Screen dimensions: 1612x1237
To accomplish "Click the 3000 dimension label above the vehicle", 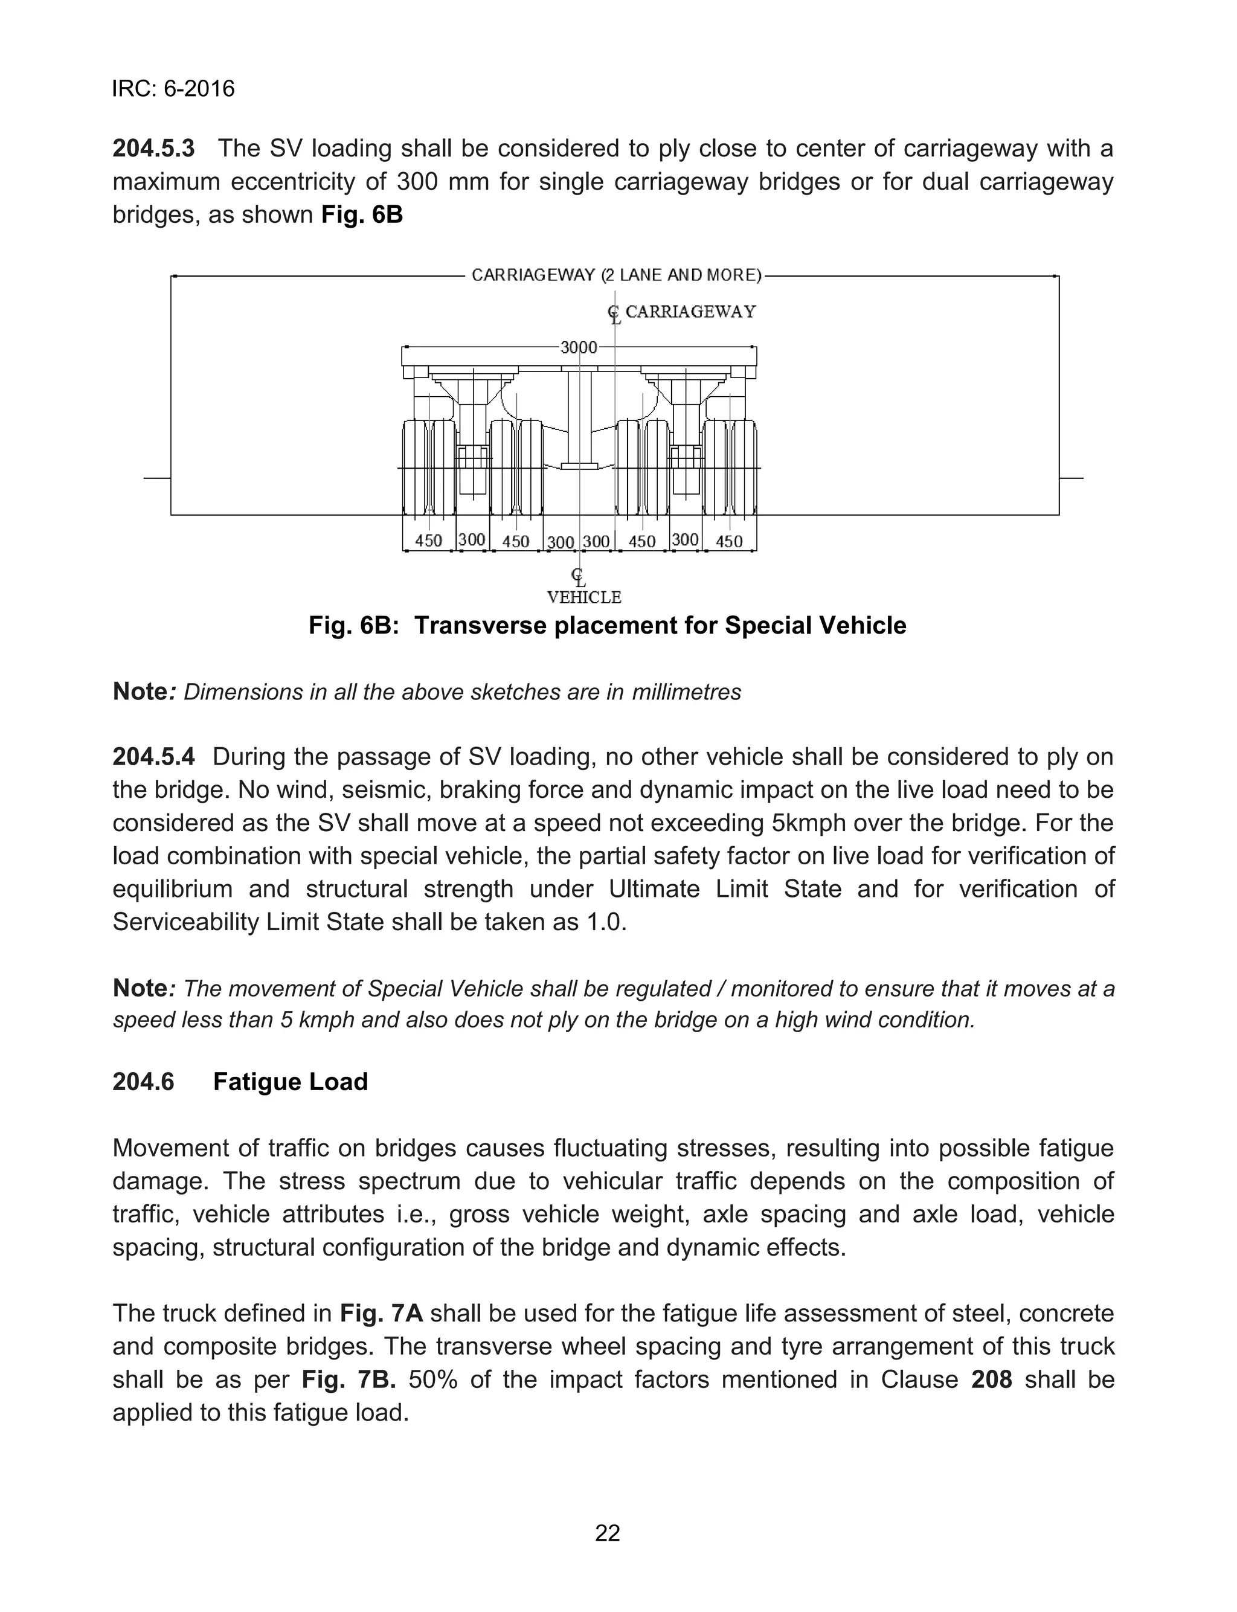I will (579, 347).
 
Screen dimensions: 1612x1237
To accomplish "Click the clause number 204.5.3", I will (154, 149).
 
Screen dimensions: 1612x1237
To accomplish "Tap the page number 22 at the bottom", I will (608, 1533).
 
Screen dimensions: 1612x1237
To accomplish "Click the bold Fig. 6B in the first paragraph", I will (362, 215).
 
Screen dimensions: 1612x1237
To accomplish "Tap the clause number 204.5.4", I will (154, 757).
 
